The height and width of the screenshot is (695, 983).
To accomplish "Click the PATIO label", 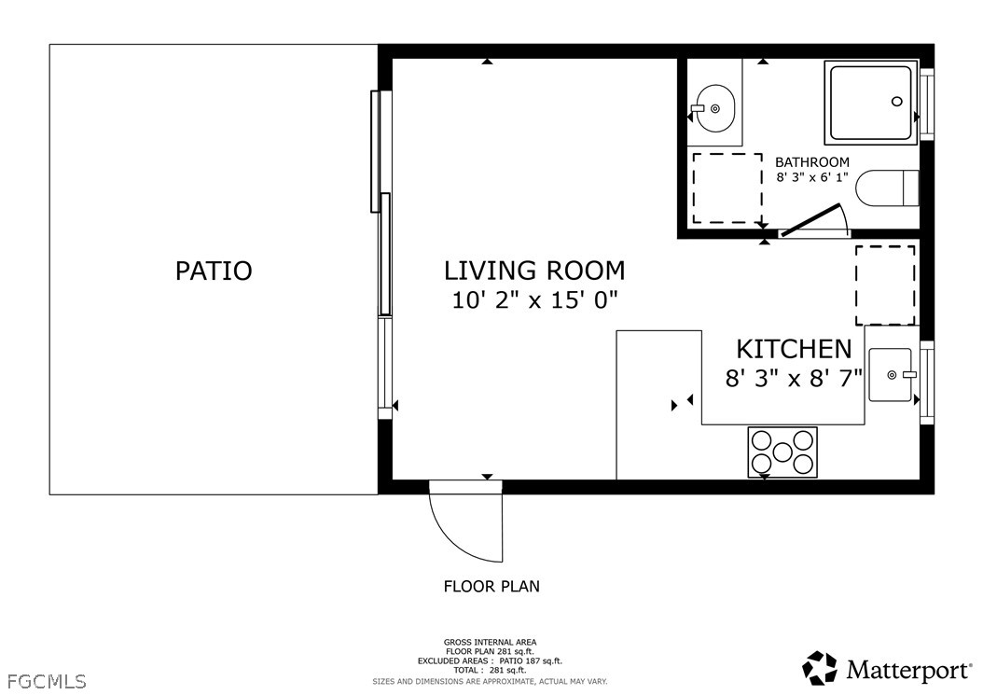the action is pos(214,271).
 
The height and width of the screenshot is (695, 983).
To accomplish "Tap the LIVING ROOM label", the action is pos(534,271).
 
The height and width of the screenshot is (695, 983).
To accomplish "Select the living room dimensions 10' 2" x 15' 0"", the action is pos(534,300).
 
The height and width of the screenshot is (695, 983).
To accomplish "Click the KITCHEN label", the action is pos(794,349).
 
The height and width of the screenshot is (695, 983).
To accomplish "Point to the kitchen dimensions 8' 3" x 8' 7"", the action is pos(794,378).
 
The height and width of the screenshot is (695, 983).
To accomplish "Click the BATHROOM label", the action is pos(812,161).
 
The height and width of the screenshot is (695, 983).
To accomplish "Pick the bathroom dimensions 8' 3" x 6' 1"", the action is pos(812,177).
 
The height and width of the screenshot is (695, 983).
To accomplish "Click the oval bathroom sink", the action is pos(714,108).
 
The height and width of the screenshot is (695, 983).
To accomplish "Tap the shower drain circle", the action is pos(897,101).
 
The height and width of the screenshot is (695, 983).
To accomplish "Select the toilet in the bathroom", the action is pos(888,188).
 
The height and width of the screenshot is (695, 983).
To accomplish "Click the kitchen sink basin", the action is pos(890,375).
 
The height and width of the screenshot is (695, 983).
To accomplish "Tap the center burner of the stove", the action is pos(782,452).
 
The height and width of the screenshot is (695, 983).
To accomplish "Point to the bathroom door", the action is pos(810,219).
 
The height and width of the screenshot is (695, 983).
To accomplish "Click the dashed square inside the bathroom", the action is pos(727,188).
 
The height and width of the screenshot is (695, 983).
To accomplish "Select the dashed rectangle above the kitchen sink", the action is pos(885,285).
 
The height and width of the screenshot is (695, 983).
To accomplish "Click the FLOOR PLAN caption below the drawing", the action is pos(491,587).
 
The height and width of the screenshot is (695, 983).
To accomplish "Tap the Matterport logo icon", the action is pos(821,668).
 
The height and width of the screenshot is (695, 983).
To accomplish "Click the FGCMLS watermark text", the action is pos(48,681).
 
